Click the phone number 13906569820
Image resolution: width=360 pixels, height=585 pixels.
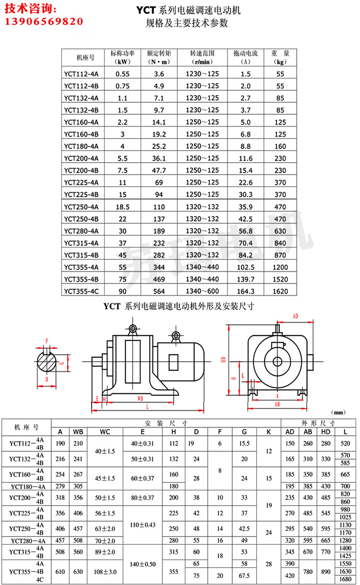(44, 22)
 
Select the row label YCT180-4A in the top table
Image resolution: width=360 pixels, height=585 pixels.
(81, 146)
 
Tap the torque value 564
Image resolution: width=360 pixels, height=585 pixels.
(159, 291)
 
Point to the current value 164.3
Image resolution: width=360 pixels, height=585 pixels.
(246, 291)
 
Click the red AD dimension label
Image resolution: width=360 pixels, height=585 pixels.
(295, 317)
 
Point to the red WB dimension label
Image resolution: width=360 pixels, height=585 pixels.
(140, 398)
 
